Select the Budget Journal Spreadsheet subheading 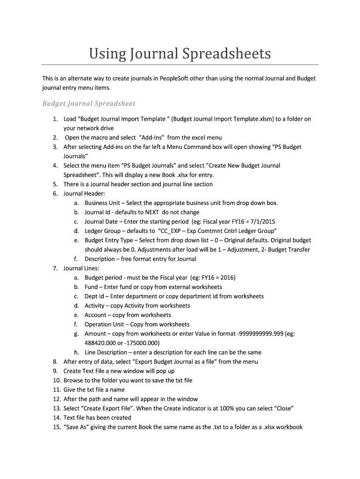(x=89, y=103)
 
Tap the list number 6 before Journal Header (x=55, y=194)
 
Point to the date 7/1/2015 (x=263, y=222)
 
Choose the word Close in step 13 (x=282, y=408)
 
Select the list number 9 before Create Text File (x=55, y=371)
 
